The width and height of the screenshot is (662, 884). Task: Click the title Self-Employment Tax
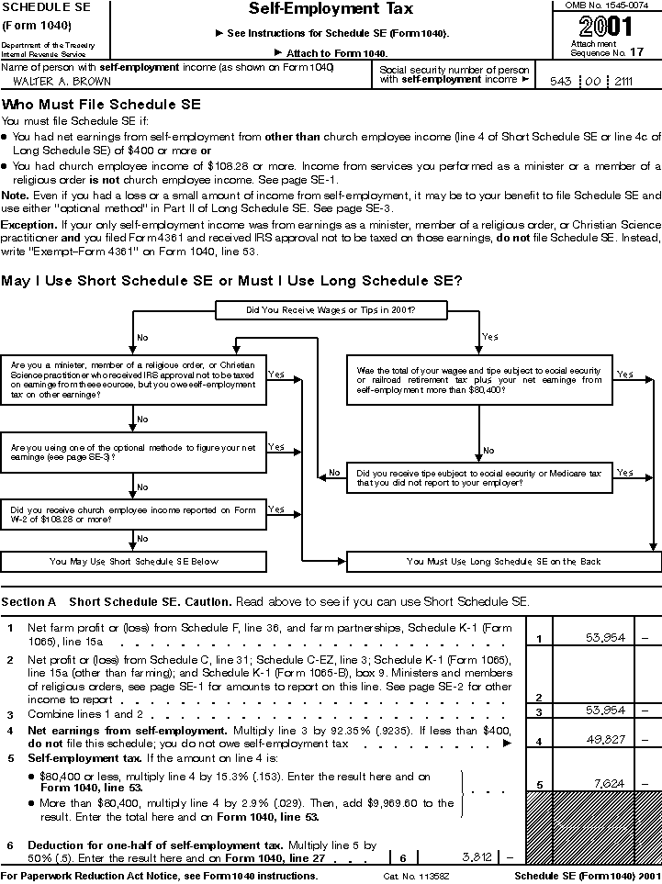[x=331, y=10]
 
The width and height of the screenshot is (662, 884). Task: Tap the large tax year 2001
[x=606, y=27]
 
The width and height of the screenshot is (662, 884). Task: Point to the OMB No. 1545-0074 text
[x=606, y=6]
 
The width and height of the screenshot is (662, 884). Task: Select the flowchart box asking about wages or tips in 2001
[x=331, y=310]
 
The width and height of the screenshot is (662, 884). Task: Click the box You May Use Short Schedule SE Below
[x=134, y=561]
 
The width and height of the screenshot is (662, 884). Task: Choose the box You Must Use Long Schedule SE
[x=503, y=561]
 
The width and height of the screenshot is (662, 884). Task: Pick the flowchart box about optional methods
[x=134, y=451]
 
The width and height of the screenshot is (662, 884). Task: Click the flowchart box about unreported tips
[x=479, y=477]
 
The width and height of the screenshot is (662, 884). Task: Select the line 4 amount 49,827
[x=604, y=740]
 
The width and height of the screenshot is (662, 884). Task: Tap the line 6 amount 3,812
[x=476, y=857]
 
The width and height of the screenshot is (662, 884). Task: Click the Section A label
[x=28, y=602]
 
